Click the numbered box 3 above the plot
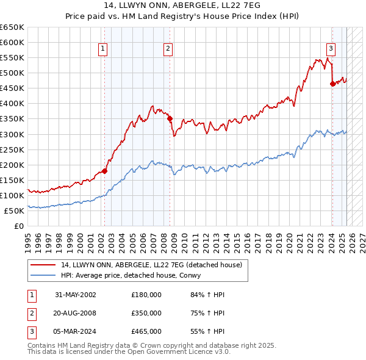click(330, 49)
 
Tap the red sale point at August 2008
click(170, 119)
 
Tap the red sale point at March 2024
click(332, 84)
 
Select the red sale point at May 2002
click(105, 171)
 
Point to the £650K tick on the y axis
click(13, 27)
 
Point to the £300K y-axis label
click(13, 134)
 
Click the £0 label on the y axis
click(18, 226)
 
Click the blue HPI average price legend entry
click(134, 275)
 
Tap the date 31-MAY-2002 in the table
click(76, 295)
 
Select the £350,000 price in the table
click(146, 313)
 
